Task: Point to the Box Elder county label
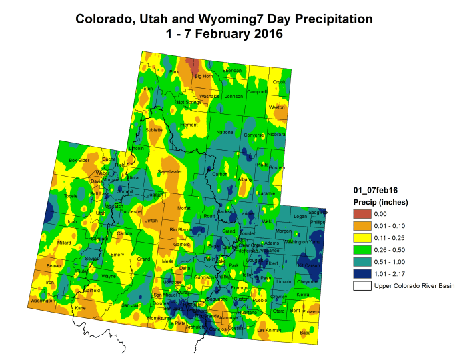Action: click(x=79, y=160)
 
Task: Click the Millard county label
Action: click(x=64, y=243)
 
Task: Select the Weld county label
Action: click(x=268, y=221)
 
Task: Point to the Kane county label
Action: click(x=81, y=309)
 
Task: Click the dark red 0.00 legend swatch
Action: click(x=362, y=214)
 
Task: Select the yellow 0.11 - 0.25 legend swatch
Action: click(x=362, y=238)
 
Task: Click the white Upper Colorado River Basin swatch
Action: click(x=362, y=286)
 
